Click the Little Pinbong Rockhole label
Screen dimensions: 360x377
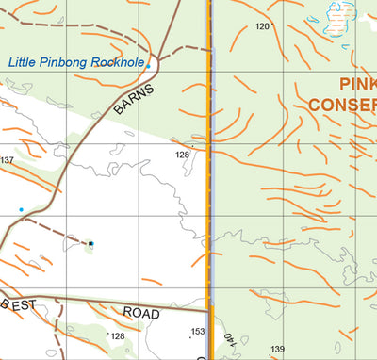click(76, 63)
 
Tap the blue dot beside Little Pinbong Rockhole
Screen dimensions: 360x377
click(148, 67)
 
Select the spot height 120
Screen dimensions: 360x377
click(262, 26)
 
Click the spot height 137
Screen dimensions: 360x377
click(7, 160)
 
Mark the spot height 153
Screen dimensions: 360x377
click(197, 331)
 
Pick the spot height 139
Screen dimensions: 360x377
click(277, 350)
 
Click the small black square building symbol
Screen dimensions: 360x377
click(91, 244)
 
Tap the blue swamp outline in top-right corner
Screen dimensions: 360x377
click(336, 16)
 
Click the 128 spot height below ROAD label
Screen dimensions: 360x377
click(117, 335)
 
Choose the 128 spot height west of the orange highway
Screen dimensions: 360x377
click(183, 155)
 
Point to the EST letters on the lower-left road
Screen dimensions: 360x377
click(23, 304)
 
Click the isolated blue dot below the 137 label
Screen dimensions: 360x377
click(21, 209)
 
